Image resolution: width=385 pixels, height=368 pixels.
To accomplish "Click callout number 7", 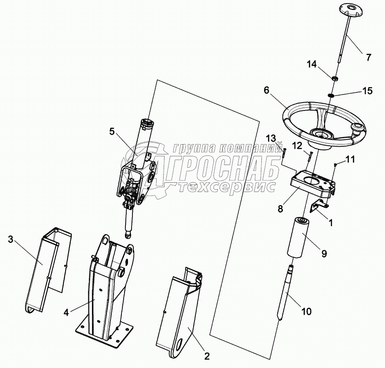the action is pyautogui.click(x=368, y=58).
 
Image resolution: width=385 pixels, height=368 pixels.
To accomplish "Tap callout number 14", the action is pyautogui.click(x=312, y=65).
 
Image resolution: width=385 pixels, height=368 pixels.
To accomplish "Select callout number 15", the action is pyautogui.click(x=367, y=91).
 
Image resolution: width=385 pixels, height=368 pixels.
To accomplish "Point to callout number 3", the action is pyautogui.click(x=10, y=239).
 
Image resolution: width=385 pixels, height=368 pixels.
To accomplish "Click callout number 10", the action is pyautogui.click(x=306, y=312).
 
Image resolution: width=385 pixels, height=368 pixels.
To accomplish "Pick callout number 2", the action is pyautogui.click(x=207, y=356).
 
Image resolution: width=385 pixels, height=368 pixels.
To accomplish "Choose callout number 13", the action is pyautogui.click(x=271, y=139).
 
